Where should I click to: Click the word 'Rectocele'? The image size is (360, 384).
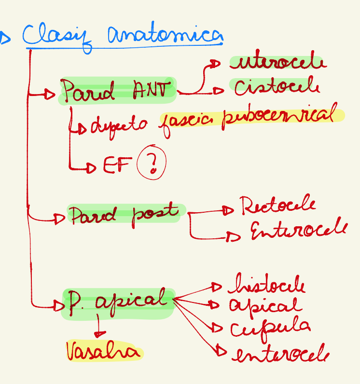pos(277,206)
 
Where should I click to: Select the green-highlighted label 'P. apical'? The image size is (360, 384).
pos(118,302)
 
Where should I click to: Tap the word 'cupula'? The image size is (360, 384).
pos(270,328)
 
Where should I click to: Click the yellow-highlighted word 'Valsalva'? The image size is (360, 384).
pos(104,352)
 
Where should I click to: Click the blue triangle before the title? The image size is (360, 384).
pos(5,37)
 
